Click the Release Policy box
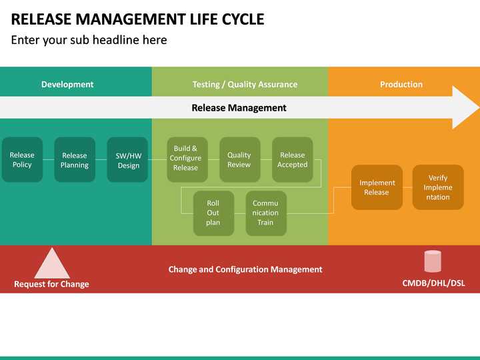click(22, 160)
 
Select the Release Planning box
click(75, 160)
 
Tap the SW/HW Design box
click(128, 160)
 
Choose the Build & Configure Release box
click(186, 159)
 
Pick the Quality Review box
click(239, 160)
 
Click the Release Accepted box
click(292, 160)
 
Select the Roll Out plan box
click(213, 213)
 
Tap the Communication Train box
click(265, 213)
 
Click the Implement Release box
click(377, 187)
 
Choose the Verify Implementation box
click(438, 187)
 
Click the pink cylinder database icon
click(433, 261)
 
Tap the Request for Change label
click(51, 284)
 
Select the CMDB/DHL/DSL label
click(433, 283)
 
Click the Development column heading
click(67, 85)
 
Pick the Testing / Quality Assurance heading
click(245, 85)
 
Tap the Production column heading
click(401, 85)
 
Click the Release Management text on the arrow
click(239, 108)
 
